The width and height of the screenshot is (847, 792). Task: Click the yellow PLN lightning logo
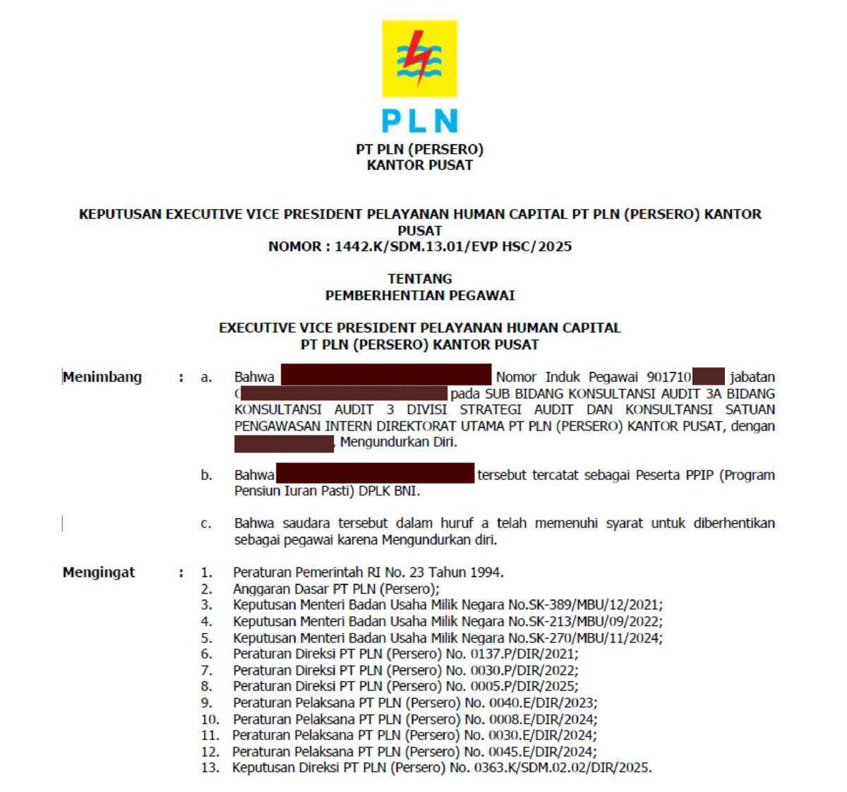(419, 59)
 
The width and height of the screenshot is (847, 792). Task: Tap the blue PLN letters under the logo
(419, 121)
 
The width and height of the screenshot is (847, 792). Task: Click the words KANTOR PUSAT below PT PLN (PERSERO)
(420, 165)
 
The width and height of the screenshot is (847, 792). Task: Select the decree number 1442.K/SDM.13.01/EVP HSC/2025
(453, 246)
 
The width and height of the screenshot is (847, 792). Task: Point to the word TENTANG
(420, 278)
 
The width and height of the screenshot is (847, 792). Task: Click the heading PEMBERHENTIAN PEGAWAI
(420, 295)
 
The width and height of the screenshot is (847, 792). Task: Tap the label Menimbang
(102, 377)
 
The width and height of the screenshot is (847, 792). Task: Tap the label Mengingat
(99, 572)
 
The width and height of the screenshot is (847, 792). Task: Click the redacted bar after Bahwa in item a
(386, 375)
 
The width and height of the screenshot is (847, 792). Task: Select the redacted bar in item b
(375, 473)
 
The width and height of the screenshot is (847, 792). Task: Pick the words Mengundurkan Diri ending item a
(398, 443)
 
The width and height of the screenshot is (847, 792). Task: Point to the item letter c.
(205, 523)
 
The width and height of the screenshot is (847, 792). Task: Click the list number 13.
(210, 767)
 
